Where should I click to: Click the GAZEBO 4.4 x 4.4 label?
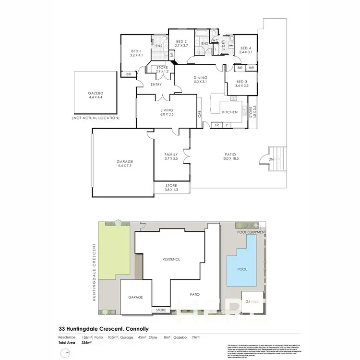pyautogui.click(x=96, y=95)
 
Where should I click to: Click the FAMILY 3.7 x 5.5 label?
pyautogui.click(x=171, y=156)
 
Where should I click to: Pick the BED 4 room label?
pyautogui.click(x=246, y=50)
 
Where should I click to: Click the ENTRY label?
pyautogui.click(x=156, y=85)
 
